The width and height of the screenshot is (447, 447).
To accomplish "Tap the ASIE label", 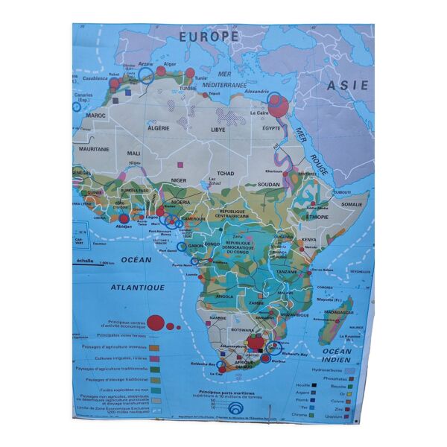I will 349,86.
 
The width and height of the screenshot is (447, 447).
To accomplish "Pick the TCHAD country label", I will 226,173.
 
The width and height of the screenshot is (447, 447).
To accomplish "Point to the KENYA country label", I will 308,240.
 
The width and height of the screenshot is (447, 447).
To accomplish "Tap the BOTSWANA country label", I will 243,329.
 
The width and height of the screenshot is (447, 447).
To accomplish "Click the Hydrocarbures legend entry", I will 341,369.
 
